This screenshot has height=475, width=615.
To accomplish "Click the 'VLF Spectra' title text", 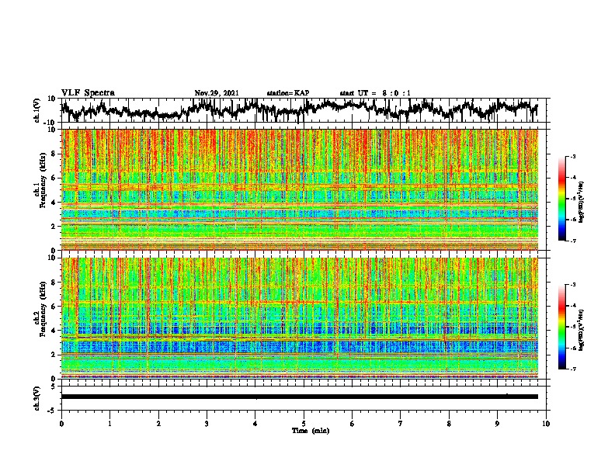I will pyautogui.click(x=88, y=93).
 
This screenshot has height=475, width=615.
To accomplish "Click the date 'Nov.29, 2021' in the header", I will pyautogui.click(x=216, y=93).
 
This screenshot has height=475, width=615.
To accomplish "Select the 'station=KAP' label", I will pyautogui.click(x=287, y=93).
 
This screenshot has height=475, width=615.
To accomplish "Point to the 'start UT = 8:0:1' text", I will pyautogui.click(x=375, y=93).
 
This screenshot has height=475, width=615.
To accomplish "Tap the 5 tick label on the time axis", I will pyautogui.click(x=304, y=423).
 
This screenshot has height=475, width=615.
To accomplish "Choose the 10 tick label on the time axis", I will pyautogui.click(x=546, y=423).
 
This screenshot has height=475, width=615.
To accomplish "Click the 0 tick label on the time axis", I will pyautogui.click(x=61, y=423).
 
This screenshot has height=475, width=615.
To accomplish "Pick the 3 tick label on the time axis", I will pyautogui.click(x=207, y=423).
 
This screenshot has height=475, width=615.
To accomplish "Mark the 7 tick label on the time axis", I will pyautogui.click(x=401, y=423).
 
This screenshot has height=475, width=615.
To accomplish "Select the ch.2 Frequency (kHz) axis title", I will pyautogui.click(x=40, y=318).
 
